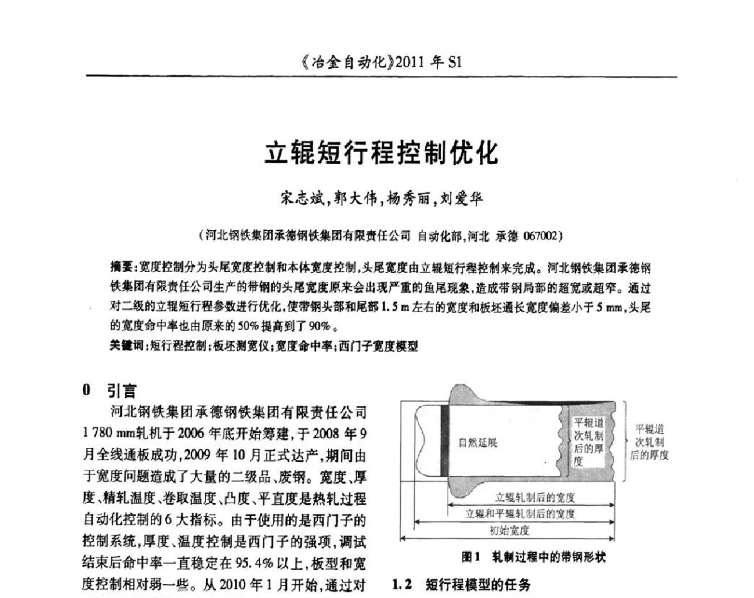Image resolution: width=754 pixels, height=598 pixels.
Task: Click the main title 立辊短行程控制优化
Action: [x=381, y=153]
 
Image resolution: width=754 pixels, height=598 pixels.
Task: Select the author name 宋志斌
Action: [x=305, y=200]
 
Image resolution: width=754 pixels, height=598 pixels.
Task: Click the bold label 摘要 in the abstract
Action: [x=120, y=268]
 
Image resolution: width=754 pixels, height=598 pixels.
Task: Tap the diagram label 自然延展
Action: [x=478, y=443]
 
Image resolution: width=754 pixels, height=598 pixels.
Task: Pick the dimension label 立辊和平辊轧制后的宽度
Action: [x=520, y=514]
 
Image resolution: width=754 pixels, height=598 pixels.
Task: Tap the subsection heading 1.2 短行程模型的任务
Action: [x=462, y=585]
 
